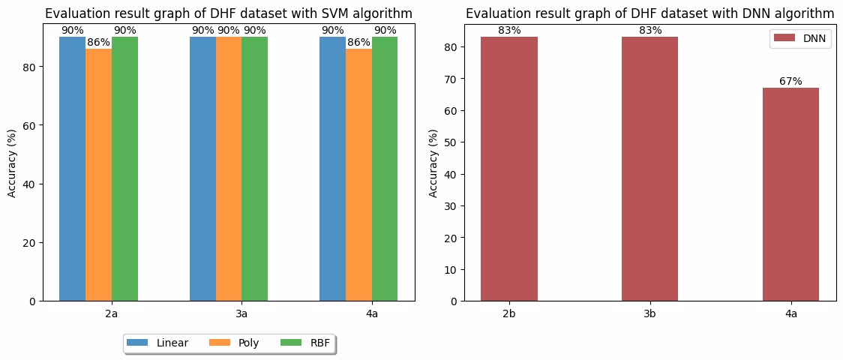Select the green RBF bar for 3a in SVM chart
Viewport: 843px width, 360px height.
pyautogui.click(x=254, y=169)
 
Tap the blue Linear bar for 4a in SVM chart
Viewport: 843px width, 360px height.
pyautogui.click(x=332, y=169)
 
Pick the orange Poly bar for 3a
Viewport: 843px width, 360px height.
pyautogui.click(x=229, y=169)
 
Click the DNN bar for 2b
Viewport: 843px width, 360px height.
pyautogui.click(x=509, y=169)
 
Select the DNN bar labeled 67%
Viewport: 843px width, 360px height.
pyautogui.click(x=790, y=194)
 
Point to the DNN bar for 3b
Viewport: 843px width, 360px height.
pyautogui.click(x=649, y=169)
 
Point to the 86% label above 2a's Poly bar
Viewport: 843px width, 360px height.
pyautogui.click(x=98, y=43)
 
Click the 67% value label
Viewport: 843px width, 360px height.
pyautogui.click(x=790, y=81)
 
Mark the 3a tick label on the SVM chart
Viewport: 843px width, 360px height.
pyautogui.click(x=241, y=313)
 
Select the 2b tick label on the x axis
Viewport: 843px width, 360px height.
pyautogui.click(x=509, y=313)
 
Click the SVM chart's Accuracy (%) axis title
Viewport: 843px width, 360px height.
pyautogui.click(x=12, y=169)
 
